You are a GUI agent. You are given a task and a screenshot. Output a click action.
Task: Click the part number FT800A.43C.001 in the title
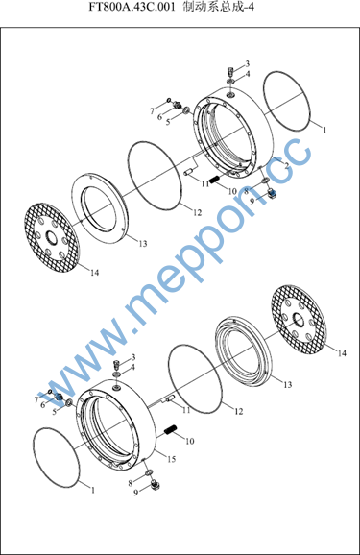[132, 8]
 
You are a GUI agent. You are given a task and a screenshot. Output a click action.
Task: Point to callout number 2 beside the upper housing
[287, 165]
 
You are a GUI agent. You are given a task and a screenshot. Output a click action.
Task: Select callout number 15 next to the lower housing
[172, 459]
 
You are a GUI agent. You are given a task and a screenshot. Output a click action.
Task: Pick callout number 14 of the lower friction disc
[342, 353]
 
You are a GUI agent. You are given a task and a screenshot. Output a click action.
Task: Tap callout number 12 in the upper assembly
[197, 213]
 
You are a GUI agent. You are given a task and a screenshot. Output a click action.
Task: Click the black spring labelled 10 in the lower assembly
[171, 430]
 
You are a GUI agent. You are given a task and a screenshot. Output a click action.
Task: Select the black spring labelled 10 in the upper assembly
[214, 181]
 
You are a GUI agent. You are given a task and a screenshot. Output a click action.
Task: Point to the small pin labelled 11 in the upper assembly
[189, 172]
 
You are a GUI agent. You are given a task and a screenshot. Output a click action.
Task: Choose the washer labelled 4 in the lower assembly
[117, 374]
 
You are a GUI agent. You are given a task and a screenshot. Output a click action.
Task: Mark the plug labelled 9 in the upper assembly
[273, 193]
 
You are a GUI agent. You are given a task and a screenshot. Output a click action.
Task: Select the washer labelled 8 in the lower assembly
[149, 472]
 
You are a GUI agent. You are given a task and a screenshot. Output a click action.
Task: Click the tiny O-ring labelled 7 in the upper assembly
[168, 100]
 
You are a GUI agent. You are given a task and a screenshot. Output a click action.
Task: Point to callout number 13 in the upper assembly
[143, 244]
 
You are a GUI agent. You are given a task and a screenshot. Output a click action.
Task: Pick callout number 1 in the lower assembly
[93, 491]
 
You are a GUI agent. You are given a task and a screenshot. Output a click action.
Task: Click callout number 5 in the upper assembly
[168, 122]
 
